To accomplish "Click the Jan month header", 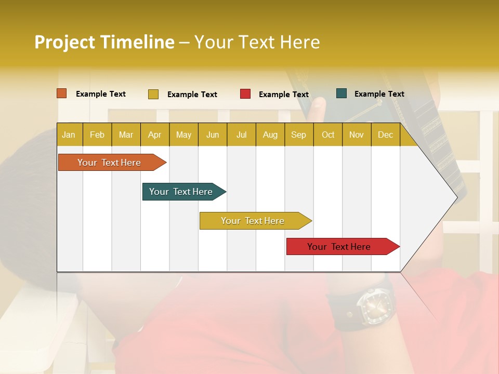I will coord(69,135).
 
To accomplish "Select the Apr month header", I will coord(154,135).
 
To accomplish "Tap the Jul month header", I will coord(241,135).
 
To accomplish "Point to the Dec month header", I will coord(385,135).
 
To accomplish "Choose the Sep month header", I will coord(298,135).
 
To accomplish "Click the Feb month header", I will coord(97,135).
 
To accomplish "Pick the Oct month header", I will coord(328,135).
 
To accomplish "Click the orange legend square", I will coord(62,94).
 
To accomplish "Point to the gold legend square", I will coord(153,94).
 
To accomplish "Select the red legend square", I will coord(245,94).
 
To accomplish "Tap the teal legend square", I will coord(342,94).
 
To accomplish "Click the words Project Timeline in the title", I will coord(104,42).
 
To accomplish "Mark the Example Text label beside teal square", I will coord(379,94).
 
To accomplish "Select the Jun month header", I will coord(213,135).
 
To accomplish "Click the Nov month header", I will coord(357,135).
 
